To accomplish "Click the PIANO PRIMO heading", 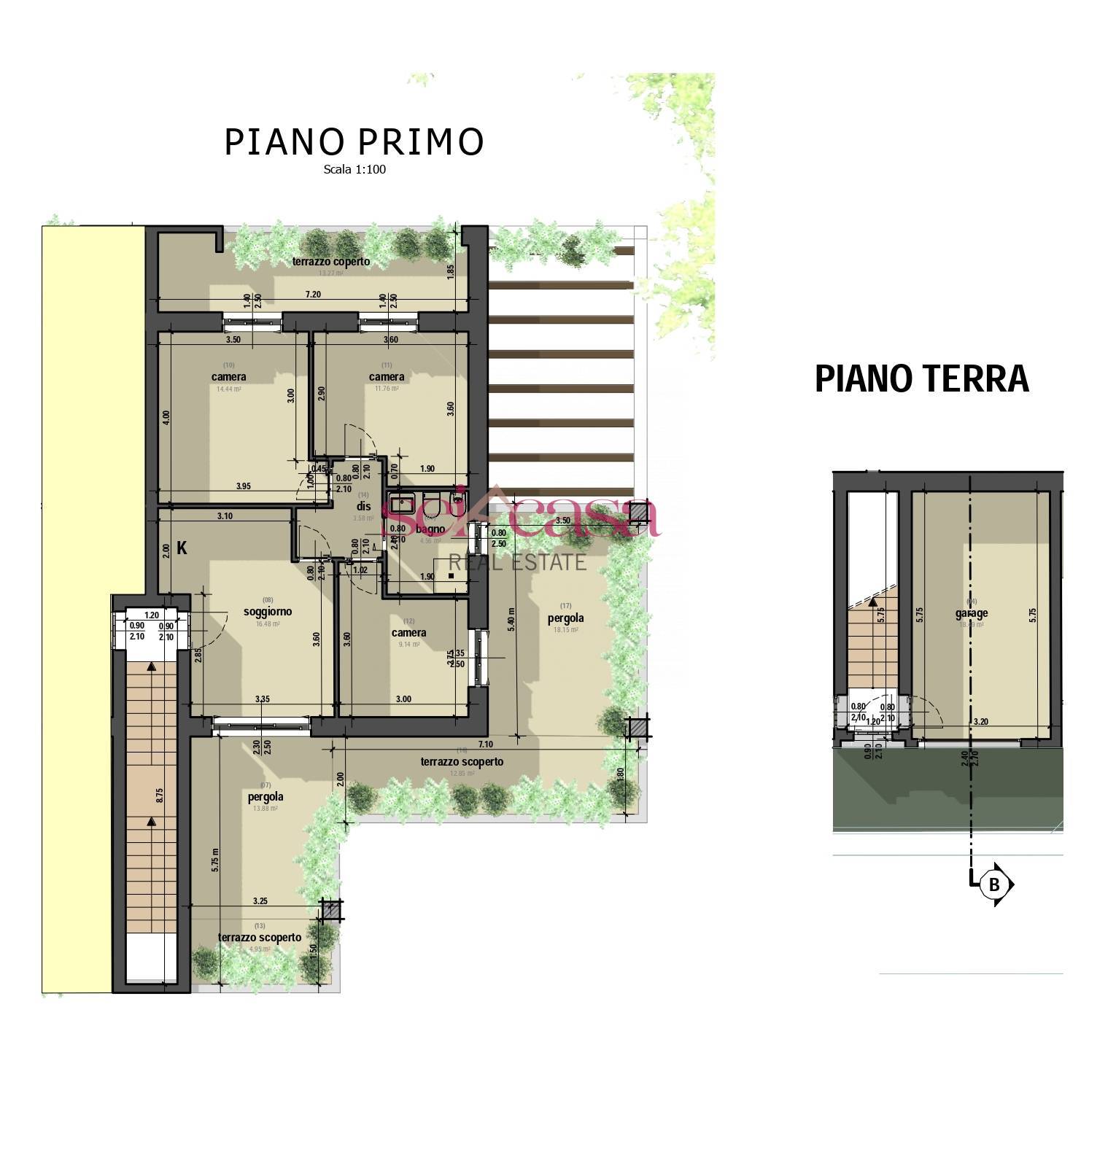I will click(x=354, y=141).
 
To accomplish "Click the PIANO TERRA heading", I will click(x=921, y=378).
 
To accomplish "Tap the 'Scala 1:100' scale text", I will click(x=354, y=170).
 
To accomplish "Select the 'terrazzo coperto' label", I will click(x=331, y=261).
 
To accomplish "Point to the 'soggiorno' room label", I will click(x=268, y=611).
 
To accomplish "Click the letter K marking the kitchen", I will click(x=182, y=548).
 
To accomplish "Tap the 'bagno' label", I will click(x=430, y=529).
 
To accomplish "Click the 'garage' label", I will click(x=972, y=613).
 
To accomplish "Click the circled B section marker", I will click(x=993, y=884).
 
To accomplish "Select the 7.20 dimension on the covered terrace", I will click(x=312, y=294).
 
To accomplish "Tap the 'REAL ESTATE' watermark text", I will click(x=517, y=562).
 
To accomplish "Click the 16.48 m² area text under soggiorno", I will click(x=267, y=623).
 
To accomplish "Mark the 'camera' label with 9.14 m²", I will click(x=408, y=632).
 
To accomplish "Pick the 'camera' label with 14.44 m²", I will click(x=229, y=377).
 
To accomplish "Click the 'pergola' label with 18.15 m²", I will click(x=565, y=618).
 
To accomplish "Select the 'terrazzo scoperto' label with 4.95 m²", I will click(x=260, y=937).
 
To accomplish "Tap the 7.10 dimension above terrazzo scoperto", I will click(x=487, y=744).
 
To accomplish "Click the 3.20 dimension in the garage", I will click(x=981, y=722).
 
